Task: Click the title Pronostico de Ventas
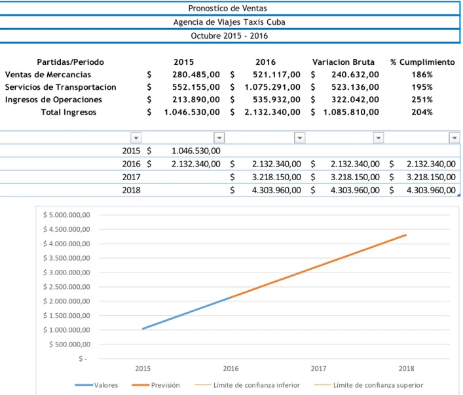tap(227, 9)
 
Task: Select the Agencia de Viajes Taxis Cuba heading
tap(229, 22)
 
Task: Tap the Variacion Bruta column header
tap(343, 62)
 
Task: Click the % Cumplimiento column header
tap(422, 62)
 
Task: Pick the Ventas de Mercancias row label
tap(48, 75)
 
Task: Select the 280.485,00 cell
tap(196, 75)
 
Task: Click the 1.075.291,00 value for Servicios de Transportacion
tap(272, 87)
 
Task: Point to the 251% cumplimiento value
tap(422, 100)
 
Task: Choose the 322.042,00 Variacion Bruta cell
tap(355, 100)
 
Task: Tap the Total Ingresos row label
tap(69, 112)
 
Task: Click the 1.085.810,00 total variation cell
tap(351, 112)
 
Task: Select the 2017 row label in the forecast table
tap(131, 177)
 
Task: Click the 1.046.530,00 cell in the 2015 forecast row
tap(196, 151)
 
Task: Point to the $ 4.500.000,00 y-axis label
tap(66, 229)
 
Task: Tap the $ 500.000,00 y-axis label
tap(69, 344)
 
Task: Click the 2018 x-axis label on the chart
tap(406, 368)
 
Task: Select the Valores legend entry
tap(96, 385)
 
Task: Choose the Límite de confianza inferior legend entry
tap(247, 385)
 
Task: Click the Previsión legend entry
tap(156, 385)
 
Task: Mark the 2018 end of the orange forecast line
tap(406, 235)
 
